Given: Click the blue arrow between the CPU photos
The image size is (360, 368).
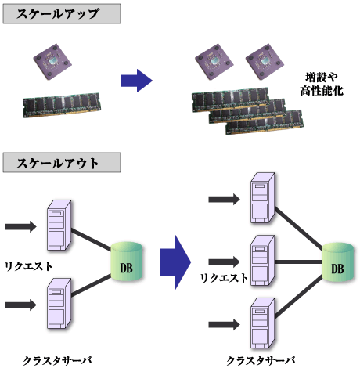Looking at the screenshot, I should (138, 79).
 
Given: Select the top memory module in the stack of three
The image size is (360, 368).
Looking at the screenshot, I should (227, 97).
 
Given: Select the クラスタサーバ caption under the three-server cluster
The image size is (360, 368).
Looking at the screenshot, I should (261, 359).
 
